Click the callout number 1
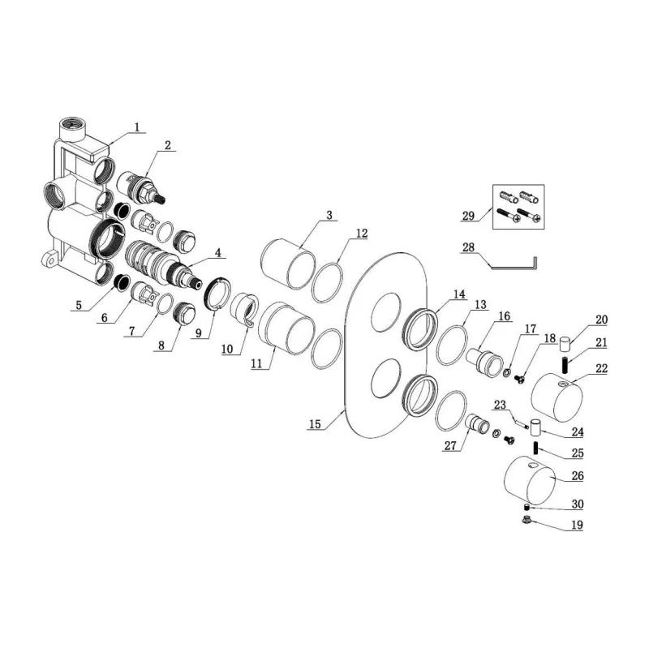point(137,127)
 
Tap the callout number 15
point(315,423)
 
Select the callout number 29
point(468,216)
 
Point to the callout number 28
point(468,247)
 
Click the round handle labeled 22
point(557,397)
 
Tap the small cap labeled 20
point(565,345)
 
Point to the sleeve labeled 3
point(289,264)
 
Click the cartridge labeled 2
point(140,188)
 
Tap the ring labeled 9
point(217,294)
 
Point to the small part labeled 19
point(527,519)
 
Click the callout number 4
point(218,252)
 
